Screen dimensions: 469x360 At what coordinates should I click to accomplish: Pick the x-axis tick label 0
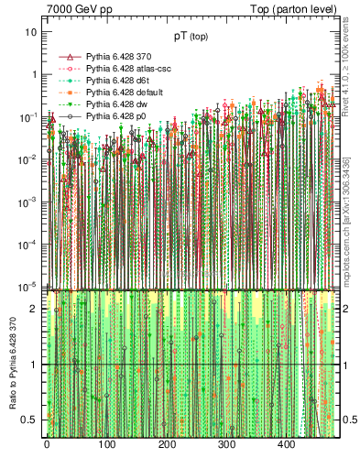click(x=47, y=445)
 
